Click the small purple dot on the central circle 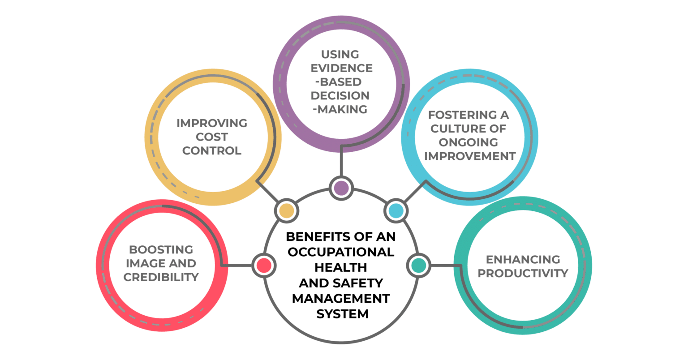point(341,188)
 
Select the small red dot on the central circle point(264,265)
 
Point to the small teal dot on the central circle point(419,265)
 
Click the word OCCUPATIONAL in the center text point(341,252)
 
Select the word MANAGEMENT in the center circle point(341,298)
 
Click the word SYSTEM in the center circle point(342,314)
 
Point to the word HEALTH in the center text point(341,267)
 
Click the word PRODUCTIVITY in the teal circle point(523,273)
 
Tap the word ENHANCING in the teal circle point(523,259)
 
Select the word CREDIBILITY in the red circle point(161,278)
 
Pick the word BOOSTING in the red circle point(161,249)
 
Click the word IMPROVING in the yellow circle point(211,123)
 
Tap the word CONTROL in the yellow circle point(211,151)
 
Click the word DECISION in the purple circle point(341,96)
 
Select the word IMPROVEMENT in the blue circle point(470,156)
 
